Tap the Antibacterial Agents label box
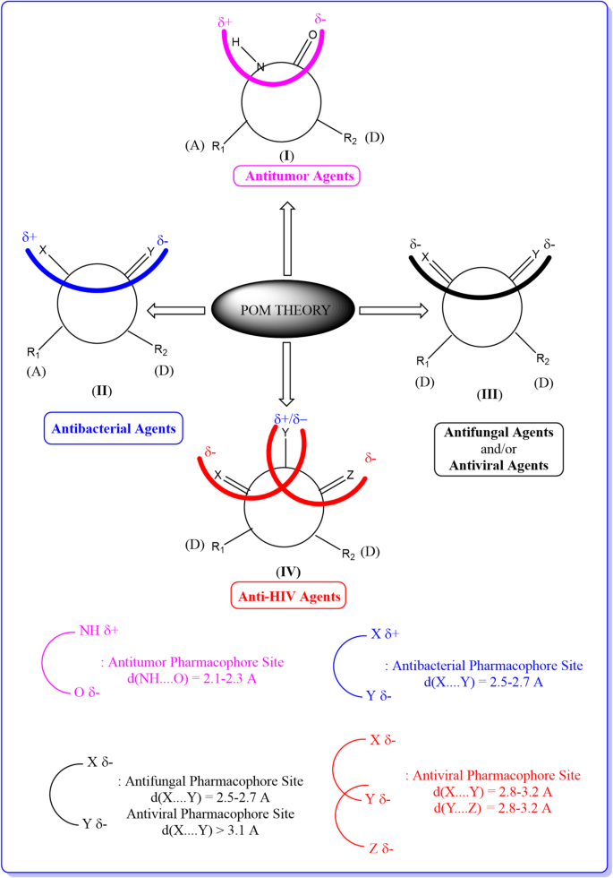tap(112, 428)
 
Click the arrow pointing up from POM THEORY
tap(288, 239)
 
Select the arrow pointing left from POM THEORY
tap(175, 311)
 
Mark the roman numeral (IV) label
tap(288, 571)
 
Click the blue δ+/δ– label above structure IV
tap(285, 417)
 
